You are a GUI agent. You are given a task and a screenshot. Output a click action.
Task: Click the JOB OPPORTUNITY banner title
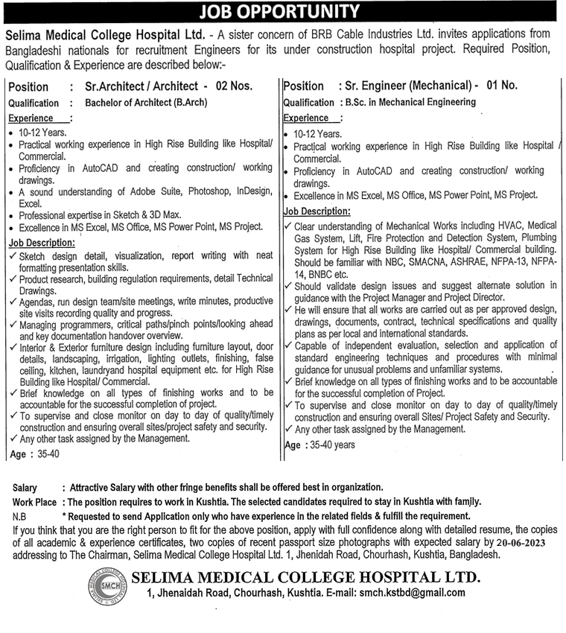[x=282, y=11]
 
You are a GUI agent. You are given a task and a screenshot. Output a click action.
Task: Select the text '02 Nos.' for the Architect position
[x=234, y=86]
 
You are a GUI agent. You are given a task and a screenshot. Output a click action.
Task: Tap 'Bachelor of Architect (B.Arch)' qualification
[x=146, y=103]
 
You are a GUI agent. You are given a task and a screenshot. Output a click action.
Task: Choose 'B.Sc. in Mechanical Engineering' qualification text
[x=407, y=102]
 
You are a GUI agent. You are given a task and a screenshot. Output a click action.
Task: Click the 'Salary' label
[x=25, y=488]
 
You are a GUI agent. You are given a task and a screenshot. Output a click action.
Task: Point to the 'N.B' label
[x=20, y=516]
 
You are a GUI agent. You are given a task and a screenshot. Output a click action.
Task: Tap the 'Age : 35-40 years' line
[x=320, y=445]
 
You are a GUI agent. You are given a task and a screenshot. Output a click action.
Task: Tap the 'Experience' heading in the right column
[x=308, y=118]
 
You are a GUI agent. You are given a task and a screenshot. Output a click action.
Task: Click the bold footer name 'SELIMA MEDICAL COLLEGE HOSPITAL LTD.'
[x=306, y=576]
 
